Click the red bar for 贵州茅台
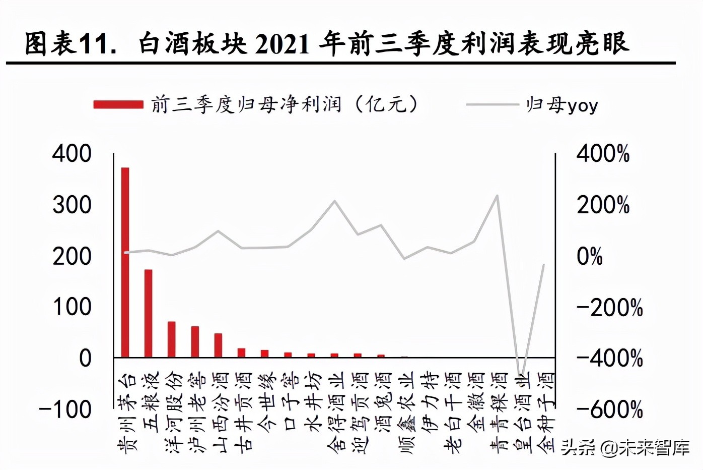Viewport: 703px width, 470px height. (x=125, y=262)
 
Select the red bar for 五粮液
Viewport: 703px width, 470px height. (x=148, y=313)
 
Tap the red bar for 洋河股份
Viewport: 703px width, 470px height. (x=171, y=339)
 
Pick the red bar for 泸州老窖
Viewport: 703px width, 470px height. (x=195, y=342)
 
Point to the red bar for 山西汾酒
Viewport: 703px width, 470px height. (x=218, y=345)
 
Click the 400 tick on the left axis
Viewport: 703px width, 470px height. (x=72, y=153)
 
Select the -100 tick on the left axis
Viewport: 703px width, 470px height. (x=66, y=409)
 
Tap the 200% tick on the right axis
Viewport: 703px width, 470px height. (x=603, y=205)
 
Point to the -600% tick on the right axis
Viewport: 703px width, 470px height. (x=609, y=409)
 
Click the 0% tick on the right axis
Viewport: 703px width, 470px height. (x=590, y=256)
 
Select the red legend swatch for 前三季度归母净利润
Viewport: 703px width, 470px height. (x=118, y=105)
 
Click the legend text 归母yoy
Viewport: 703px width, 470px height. (x=561, y=105)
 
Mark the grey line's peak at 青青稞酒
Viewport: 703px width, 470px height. (x=498, y=195)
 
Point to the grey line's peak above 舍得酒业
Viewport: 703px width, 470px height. (x=335, y=201)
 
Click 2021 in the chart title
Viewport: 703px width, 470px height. (x=282, y=44)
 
